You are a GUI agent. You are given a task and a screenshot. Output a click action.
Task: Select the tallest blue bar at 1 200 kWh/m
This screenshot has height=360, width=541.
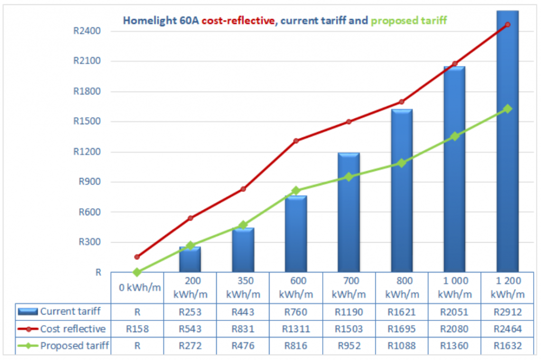click(x=507, y=143)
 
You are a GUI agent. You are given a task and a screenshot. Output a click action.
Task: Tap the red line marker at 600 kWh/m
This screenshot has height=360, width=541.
click(x=296, y=141)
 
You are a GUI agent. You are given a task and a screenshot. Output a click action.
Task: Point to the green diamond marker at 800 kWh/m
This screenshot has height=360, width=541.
click(x=402, y=163)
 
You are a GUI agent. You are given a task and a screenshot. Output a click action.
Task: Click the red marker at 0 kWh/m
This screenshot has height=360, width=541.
click(x=137, y=257)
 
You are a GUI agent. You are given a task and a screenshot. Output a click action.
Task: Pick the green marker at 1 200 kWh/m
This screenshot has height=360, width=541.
click(x=508, y=109)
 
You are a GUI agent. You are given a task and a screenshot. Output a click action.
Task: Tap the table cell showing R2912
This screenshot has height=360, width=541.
click(x=507, y=311)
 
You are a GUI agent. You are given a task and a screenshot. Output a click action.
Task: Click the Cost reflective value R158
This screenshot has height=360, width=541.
click(x=137, y=329)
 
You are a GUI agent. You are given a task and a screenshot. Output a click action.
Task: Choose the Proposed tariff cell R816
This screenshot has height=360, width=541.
click(x=296, y=346)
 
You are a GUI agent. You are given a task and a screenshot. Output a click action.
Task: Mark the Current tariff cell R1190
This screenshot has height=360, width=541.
click(x=349, y=311)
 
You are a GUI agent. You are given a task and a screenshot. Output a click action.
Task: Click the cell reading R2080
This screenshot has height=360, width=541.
click(x=454, y=329)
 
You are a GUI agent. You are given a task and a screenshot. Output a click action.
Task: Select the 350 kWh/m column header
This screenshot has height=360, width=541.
click(x=243, y=287)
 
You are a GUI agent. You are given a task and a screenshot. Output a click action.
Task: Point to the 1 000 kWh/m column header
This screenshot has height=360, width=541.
click(x=454, y=287)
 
